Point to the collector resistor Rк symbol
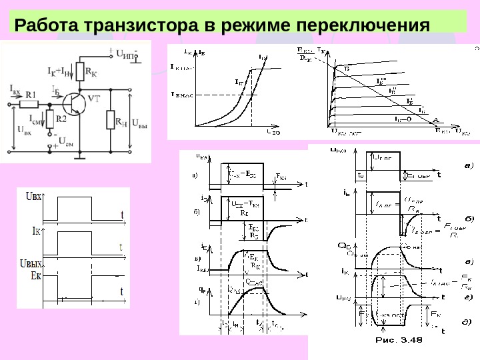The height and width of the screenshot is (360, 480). click(79, 70)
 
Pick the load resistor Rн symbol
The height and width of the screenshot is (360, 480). click(111, 120)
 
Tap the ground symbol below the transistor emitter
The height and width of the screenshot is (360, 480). click(79, 157)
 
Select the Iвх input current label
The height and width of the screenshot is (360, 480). click(15, 87)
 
